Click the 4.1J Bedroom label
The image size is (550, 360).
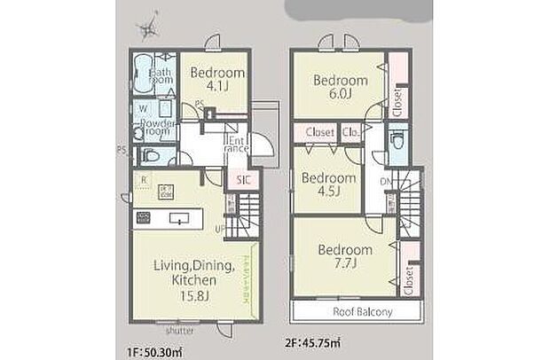coord(212,81)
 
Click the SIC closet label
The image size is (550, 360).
coord(243,181)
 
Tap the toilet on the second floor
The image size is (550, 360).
coord(397,142)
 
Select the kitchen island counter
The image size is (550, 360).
coord(177,218)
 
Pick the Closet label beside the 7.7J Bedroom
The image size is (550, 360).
coord(407,282)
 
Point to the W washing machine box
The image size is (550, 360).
coord(142,110)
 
